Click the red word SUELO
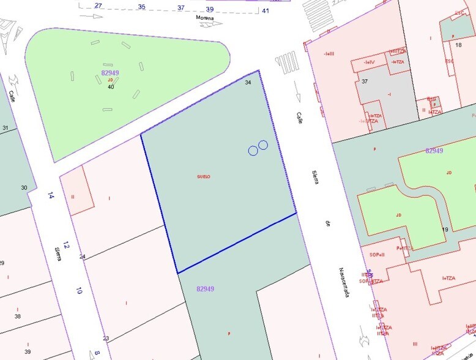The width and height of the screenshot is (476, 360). point(204,176)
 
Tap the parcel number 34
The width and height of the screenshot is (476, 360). point(248,82)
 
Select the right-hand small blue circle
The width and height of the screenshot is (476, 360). point(263,144)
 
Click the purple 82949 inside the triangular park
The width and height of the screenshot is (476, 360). point(110,73)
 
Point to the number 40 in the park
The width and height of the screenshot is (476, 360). point(111,87)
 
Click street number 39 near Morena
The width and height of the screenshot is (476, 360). point(209,9)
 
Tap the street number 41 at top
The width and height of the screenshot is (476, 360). point(266,10)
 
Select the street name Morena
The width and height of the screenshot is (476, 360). point(204,18)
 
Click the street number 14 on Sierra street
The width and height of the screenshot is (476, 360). point(51,196)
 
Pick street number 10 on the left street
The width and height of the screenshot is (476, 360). point(78,291)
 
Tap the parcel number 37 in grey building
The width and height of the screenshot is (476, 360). point(365,81)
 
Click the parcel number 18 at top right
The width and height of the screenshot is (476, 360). point(458,45)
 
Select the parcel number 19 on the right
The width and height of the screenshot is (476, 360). point(445,230)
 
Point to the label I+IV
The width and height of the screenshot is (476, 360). point(369,62)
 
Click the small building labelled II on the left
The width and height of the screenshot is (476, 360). point(73,197)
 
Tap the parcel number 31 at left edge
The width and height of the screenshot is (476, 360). point(6,128)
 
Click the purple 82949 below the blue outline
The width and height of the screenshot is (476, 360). point(206,288)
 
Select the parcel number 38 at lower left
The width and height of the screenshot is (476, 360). point(18,317)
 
